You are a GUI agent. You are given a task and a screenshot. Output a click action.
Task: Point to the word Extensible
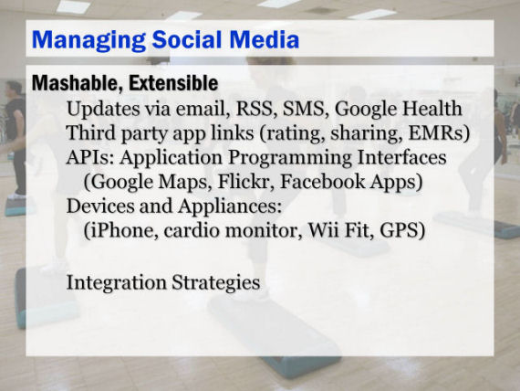pos(173,83)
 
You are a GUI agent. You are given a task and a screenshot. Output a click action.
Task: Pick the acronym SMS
pos(304,109)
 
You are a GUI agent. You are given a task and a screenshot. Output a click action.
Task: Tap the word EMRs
pos(439,132)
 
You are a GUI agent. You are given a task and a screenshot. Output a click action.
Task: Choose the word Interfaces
pos(401,157)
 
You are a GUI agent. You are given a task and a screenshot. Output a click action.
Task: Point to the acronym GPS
pos(402,230)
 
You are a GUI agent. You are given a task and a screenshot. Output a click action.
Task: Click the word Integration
pos(117,283)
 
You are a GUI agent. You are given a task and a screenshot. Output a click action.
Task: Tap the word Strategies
pos(216,283)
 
